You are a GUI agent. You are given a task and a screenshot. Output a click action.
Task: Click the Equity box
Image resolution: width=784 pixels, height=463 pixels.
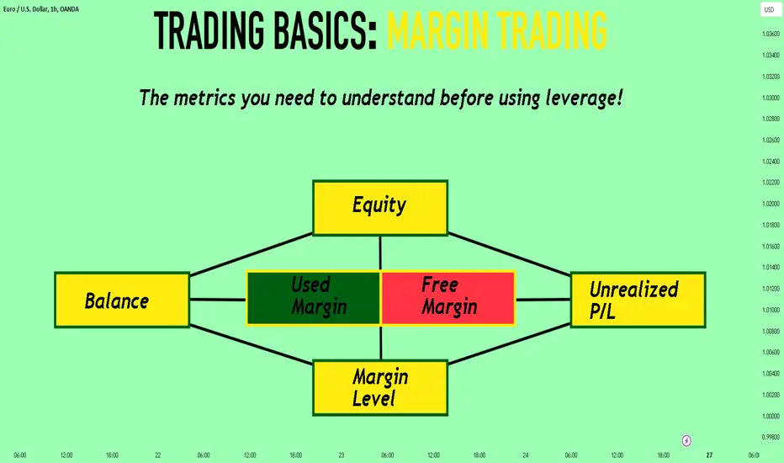[x=380, y=208]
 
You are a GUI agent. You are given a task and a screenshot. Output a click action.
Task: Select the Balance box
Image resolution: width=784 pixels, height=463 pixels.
[x=122, y=300]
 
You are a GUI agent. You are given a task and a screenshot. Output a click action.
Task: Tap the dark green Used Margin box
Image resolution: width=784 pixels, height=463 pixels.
[x=314, y=298]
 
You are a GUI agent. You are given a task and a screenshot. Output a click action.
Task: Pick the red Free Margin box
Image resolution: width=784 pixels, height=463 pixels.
[x=448, y=298]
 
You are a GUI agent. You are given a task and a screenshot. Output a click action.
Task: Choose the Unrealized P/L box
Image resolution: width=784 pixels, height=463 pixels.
[x=638, y=300]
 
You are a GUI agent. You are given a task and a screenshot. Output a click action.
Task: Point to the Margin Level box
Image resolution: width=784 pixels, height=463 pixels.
[x=380, y=387]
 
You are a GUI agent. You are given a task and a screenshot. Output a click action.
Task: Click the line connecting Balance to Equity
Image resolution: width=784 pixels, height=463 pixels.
[x=252, y=254]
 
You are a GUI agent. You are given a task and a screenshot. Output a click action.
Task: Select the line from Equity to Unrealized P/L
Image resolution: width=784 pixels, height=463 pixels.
[x=509, y=254]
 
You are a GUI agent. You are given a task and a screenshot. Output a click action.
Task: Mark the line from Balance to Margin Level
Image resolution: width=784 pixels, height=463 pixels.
[x=252, y=344]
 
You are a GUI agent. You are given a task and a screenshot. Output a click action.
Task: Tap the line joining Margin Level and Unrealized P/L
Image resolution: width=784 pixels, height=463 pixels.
[x=509, y=343]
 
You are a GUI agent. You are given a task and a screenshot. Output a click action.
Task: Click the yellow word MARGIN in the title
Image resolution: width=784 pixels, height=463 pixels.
[x=437, y=30]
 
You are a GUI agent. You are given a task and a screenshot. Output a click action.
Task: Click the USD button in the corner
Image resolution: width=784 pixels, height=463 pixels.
[x=770, y=9]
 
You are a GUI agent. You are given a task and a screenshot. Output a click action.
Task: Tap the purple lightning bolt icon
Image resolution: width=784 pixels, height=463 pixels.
[x=686, y=440]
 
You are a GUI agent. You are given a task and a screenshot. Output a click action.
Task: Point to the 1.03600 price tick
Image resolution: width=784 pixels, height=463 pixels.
[x=771, y=34]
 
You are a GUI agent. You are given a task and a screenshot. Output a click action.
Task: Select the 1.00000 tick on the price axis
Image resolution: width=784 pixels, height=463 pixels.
[x=771, y=416]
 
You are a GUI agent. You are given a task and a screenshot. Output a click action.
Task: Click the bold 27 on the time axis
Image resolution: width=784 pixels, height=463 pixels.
[x=709, y=455]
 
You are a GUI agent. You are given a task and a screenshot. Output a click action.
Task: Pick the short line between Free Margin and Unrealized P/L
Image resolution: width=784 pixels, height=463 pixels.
[x=543, y=300]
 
